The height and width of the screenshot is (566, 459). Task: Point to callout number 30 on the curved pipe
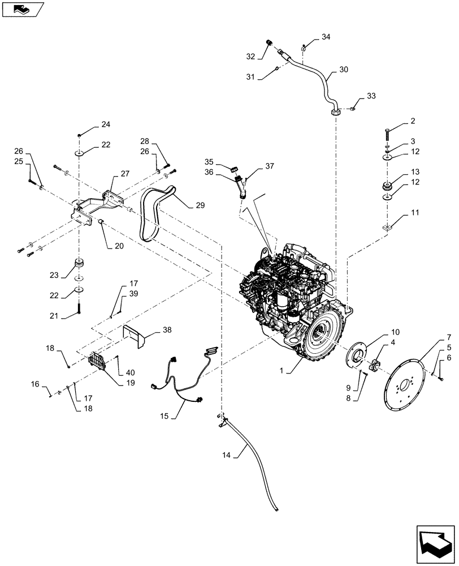point(344,70)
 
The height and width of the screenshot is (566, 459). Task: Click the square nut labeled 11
point(388,227)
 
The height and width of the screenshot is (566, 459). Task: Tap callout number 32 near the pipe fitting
point(251,56)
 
